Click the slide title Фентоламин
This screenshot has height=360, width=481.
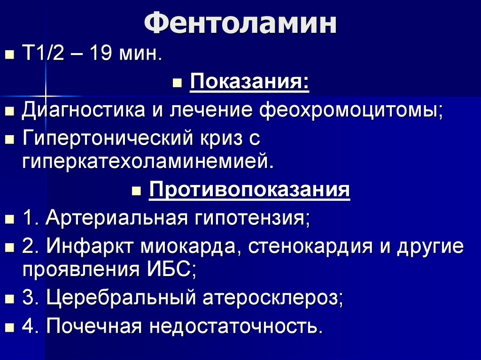coord(240,24)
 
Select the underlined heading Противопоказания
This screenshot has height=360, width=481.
coord(249,191)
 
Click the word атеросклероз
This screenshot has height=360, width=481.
coord(273,299)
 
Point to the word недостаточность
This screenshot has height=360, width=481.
coord(236,326)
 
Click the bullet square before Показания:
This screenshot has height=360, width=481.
coord(177,85)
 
